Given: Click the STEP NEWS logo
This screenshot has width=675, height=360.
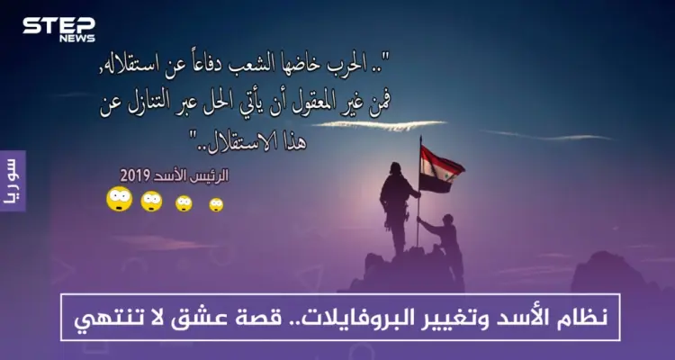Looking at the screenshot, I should point(58,28).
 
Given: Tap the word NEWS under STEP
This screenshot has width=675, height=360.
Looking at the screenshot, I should point(76,39).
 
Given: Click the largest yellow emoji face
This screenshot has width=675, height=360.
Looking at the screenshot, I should point(119,198).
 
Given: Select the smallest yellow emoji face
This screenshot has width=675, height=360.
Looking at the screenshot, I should point(216,204).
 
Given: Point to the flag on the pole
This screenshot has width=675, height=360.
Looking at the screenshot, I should point(442,170).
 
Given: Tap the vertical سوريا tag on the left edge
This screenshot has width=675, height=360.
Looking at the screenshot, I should point(12,181).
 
